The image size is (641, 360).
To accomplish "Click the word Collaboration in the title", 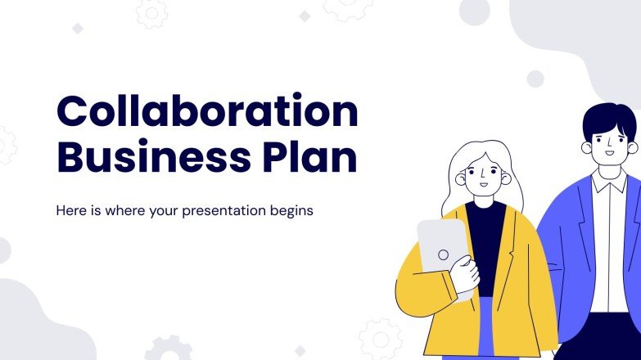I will (x=207, y=112).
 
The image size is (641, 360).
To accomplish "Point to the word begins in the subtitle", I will (x=290, y=210).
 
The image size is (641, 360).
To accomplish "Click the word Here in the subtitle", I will (x=70, y=209).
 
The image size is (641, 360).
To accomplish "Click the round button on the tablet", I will (x=443, y=254).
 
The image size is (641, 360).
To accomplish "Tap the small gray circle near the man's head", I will (x=535, y=79).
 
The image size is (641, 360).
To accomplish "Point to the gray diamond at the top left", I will (x=78, y=29).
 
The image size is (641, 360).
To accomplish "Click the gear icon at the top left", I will (x=151, y=11).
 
